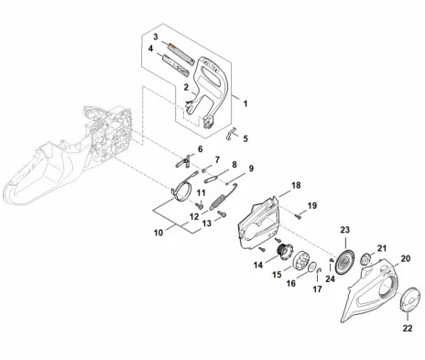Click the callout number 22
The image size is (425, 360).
(x=408, y=328)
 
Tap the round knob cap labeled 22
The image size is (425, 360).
(x=409, y=300)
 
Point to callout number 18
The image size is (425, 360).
(x=296, y=185)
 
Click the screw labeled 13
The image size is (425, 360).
(x=222, y=213)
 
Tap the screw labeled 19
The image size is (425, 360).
(x=298, y=216)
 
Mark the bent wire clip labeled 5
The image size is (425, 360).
(x=231, y=135)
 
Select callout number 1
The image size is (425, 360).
(x=245, y=104)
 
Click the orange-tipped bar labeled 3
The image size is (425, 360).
(x=180, y=53)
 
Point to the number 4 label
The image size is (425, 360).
(x=150, y=49)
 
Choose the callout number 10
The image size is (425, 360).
(x=158, y=233)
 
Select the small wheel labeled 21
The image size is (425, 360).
(x=365, y=259)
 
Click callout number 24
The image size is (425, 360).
(x=330, y=278)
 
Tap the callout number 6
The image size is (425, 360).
(x=201, y=149)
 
